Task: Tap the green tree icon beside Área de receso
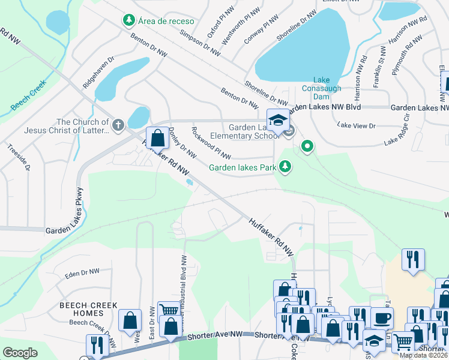(128, 21)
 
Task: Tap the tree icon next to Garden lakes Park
(286, 167)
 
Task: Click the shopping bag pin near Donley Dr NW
(157, 138)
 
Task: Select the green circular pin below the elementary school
(308, 146)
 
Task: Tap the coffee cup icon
(382, 317)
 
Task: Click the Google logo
(20, 353)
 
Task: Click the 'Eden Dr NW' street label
(82, 272)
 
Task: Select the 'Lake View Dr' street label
(356, 125)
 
